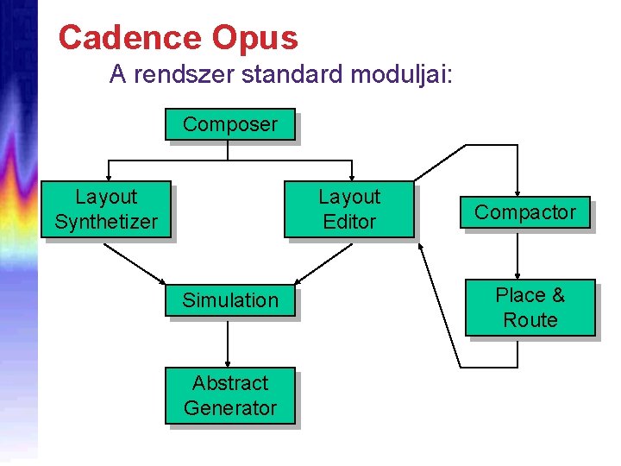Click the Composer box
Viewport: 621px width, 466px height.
(229, 123)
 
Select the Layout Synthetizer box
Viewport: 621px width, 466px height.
(105, 210)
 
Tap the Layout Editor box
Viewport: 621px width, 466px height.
(349, 210)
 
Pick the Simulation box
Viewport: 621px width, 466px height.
(229, 300)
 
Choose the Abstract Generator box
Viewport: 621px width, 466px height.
(229, 395)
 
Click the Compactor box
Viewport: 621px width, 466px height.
(524, 212)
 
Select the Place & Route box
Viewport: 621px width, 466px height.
(530, 307)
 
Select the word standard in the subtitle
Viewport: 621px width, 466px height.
(293, 76)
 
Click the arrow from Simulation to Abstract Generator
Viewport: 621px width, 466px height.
(228, 343)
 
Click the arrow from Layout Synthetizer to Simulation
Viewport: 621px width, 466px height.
(135, 262)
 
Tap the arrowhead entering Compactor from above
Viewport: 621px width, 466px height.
(517, 192)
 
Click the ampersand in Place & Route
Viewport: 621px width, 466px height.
(557, 295)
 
